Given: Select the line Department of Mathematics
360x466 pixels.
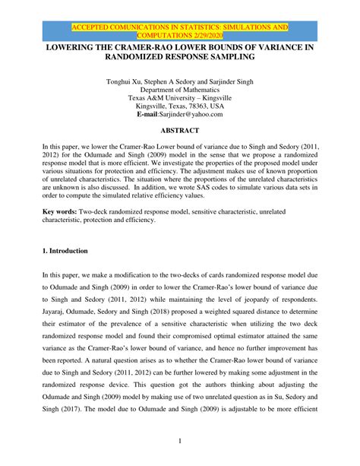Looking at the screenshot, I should click(180, 90).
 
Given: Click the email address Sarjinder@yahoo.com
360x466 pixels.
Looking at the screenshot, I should click(191, 114).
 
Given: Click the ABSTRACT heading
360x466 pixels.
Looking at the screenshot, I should click(180, 131).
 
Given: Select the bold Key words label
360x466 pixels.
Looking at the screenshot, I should click(60, 210).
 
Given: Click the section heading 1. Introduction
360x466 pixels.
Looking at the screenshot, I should click(66, 251).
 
